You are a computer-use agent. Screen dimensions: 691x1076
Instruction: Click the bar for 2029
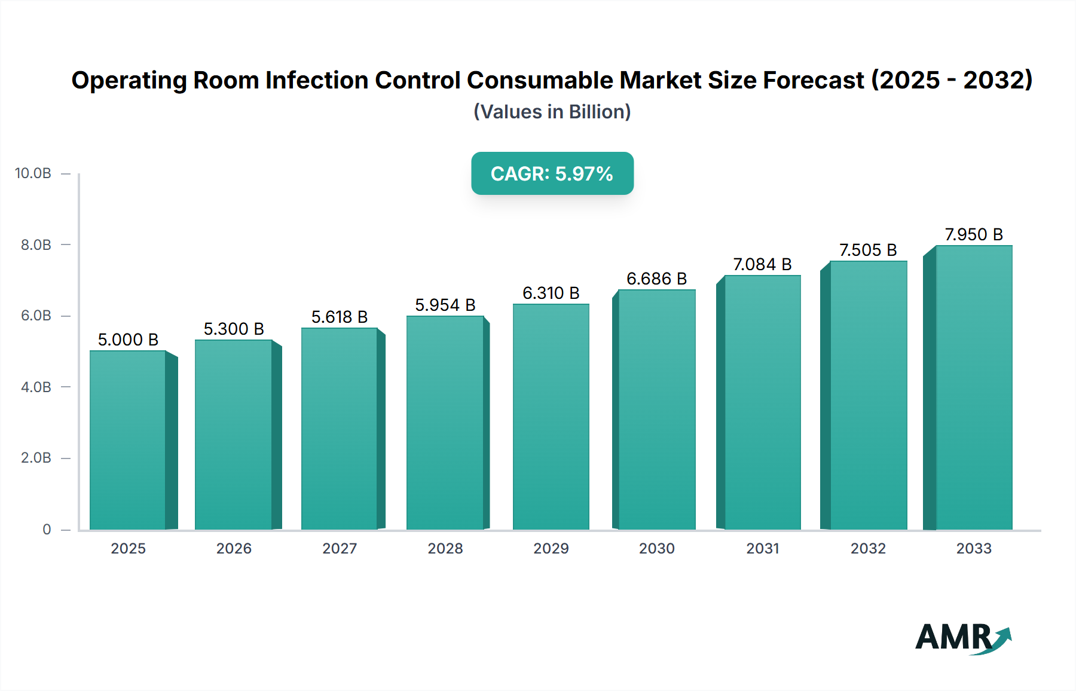(551, 417)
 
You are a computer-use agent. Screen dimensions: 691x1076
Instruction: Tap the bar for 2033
(974, 387)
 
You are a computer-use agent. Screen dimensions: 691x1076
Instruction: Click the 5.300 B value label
(234, 329)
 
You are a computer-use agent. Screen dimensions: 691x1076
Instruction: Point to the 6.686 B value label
(656, 279)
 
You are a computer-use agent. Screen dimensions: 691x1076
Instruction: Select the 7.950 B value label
(974, 234)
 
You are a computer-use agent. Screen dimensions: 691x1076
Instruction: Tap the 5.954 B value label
(445, 305)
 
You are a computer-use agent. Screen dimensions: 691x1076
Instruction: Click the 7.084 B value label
(762, 264)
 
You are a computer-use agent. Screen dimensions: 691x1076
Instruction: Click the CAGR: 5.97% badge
(552, 173)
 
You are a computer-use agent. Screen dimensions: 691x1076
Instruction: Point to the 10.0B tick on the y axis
(33, 173)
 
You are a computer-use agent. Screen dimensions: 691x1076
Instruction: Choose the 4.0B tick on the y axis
(36, 387)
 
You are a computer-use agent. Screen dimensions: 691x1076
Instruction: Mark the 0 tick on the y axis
(47, 529)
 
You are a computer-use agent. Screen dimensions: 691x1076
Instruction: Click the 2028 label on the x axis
(445, 548)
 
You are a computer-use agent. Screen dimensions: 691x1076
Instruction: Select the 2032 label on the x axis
(868, 548)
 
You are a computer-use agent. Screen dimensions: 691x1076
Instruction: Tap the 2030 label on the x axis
(656, 548)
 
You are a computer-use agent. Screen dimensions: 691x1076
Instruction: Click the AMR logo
(963, 637)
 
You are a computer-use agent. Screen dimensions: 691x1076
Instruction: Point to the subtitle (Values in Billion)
(552, 112)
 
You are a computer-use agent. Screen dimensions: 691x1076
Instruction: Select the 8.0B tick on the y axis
(36, 244)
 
